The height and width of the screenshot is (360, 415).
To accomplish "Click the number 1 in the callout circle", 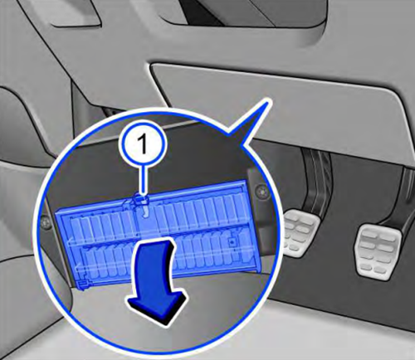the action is click(x=143, y=144).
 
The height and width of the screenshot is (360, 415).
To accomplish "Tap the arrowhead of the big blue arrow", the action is click(x=157, y=308).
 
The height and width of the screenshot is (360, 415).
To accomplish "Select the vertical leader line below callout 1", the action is click(x=143, y=181).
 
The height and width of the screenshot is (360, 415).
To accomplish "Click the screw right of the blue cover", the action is click(x=260, y=191).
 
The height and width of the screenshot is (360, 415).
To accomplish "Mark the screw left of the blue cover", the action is click(x=44, y=222).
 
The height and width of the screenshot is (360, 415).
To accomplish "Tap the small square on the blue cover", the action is click(x=232, y=241).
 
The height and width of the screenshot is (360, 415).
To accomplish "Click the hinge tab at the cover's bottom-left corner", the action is click(x=82, y=285).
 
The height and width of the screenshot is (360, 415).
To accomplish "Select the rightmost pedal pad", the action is click(x=378, y=251).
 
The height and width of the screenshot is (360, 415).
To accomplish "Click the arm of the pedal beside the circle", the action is click(x=316, y=182).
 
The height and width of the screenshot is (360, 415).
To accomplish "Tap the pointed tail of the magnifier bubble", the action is click(x=266, y=104).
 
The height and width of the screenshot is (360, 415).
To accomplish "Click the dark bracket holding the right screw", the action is click(x=259, y=210).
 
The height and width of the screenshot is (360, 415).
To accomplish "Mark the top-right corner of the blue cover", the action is click(x=245, y=180).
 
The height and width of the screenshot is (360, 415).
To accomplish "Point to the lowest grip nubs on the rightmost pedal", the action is click(x=372, y=268).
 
